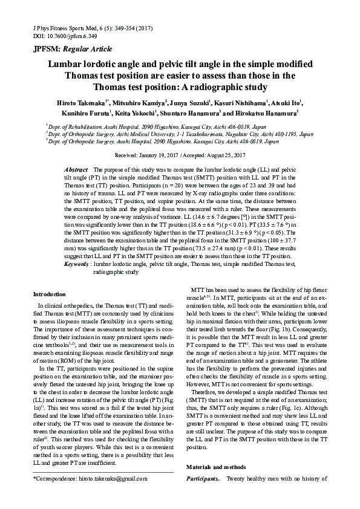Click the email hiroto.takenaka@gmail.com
pyautogui.click(x=116, y=494)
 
